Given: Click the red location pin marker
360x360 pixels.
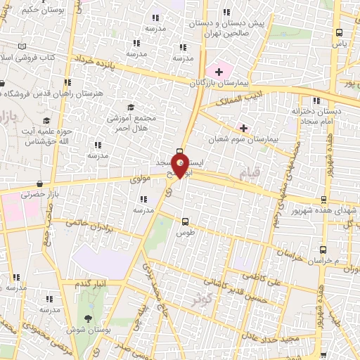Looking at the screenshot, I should click(x=181, y=166).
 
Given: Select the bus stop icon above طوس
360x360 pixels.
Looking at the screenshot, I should click(x=185, y=220).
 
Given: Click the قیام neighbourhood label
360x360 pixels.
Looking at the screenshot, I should click(x=248, y=173).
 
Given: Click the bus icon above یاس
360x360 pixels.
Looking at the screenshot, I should click(x=340, y=32).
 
